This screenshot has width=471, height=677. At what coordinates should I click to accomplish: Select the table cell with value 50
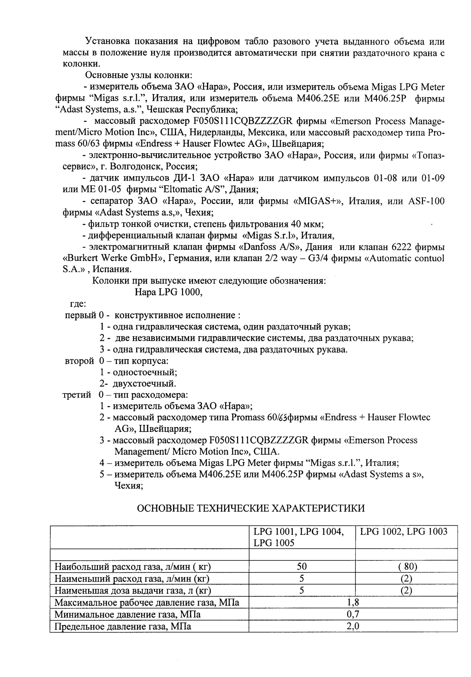302,567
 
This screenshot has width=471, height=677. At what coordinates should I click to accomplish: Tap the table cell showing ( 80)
406,567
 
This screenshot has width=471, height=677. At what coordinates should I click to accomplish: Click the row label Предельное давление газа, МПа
122,626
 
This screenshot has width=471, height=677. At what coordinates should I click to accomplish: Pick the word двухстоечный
144,384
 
